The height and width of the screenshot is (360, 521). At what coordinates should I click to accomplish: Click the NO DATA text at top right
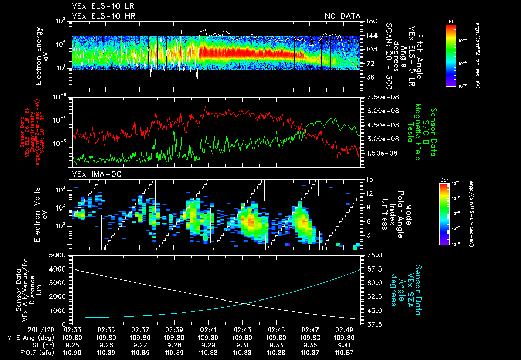[342, 16]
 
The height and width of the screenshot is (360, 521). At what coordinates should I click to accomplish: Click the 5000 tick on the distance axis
[57, 255]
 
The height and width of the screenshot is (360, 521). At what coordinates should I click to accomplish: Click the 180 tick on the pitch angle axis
[370, 21]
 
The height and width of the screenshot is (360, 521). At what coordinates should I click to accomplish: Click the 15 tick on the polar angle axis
[369, 179]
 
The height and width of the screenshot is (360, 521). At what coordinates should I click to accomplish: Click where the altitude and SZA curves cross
[246, 304]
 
